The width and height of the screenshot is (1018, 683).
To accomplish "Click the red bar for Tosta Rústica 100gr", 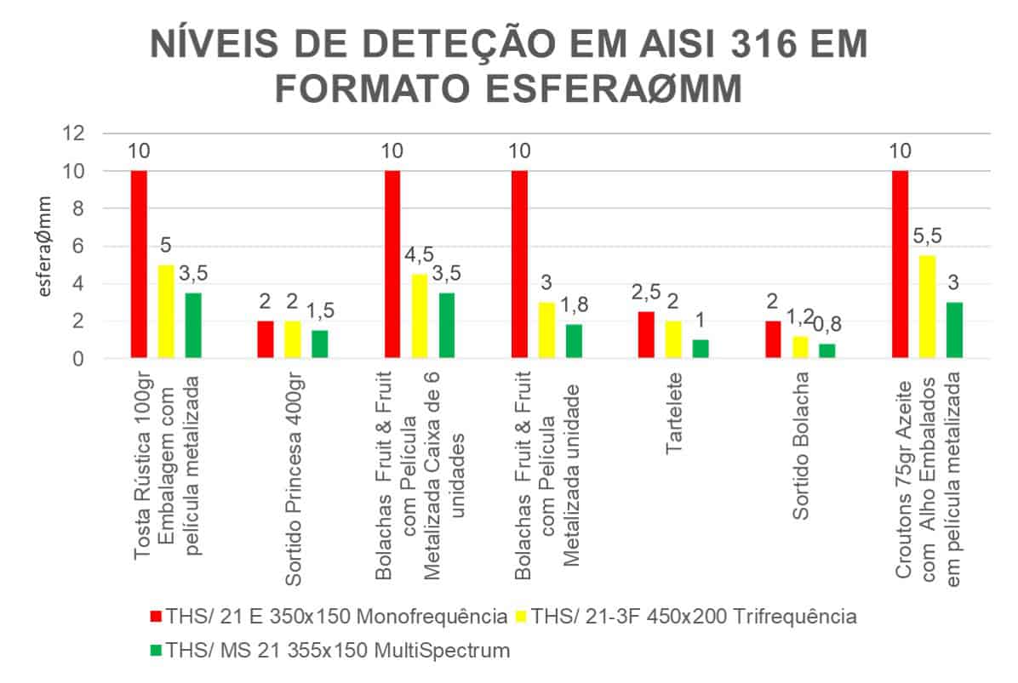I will [x=139, y=265].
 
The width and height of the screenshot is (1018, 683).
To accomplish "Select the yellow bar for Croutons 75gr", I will [x=926, y=307].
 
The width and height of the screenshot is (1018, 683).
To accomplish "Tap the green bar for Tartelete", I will [x=700, y=349].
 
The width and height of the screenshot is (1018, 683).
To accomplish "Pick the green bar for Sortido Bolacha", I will [x=826, y=351].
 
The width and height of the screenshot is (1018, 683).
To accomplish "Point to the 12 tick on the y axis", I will [x=75, y=134].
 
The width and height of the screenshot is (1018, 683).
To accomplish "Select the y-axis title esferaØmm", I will [x=47, y=247].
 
